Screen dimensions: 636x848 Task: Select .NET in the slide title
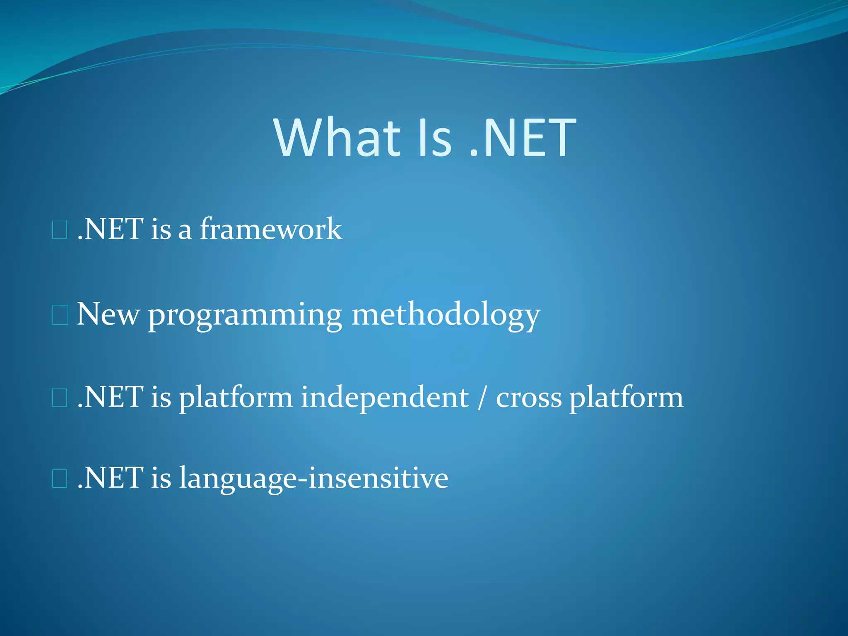523,138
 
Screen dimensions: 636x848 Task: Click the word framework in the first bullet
271,229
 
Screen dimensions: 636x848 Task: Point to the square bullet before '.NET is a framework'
60,230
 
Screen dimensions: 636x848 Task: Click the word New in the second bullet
108,314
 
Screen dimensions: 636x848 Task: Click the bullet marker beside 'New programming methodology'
60,315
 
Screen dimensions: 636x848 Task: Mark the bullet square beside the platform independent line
60,398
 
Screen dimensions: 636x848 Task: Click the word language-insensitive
313,479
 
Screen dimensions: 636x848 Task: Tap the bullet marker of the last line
60,479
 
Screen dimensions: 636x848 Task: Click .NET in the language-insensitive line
111,478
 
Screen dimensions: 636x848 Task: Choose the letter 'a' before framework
185,231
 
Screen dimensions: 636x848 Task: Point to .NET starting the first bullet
111,229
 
